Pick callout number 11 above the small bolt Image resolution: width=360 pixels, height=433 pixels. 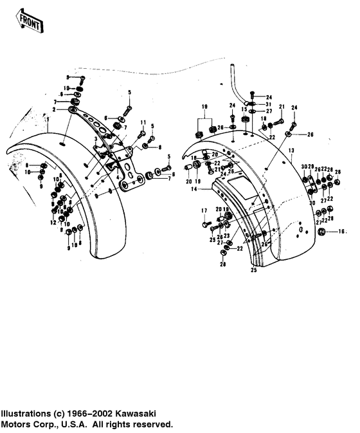(x=143, y=122)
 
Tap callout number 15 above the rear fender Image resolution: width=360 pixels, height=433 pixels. (x=245, y=109)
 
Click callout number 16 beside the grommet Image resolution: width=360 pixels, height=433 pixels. (x=342, y=230)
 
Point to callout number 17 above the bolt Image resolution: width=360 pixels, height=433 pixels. (x=204, y=210)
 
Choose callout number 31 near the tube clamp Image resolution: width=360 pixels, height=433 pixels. (x=269, y=106)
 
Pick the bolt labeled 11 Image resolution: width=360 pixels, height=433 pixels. (x=144, y=133)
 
